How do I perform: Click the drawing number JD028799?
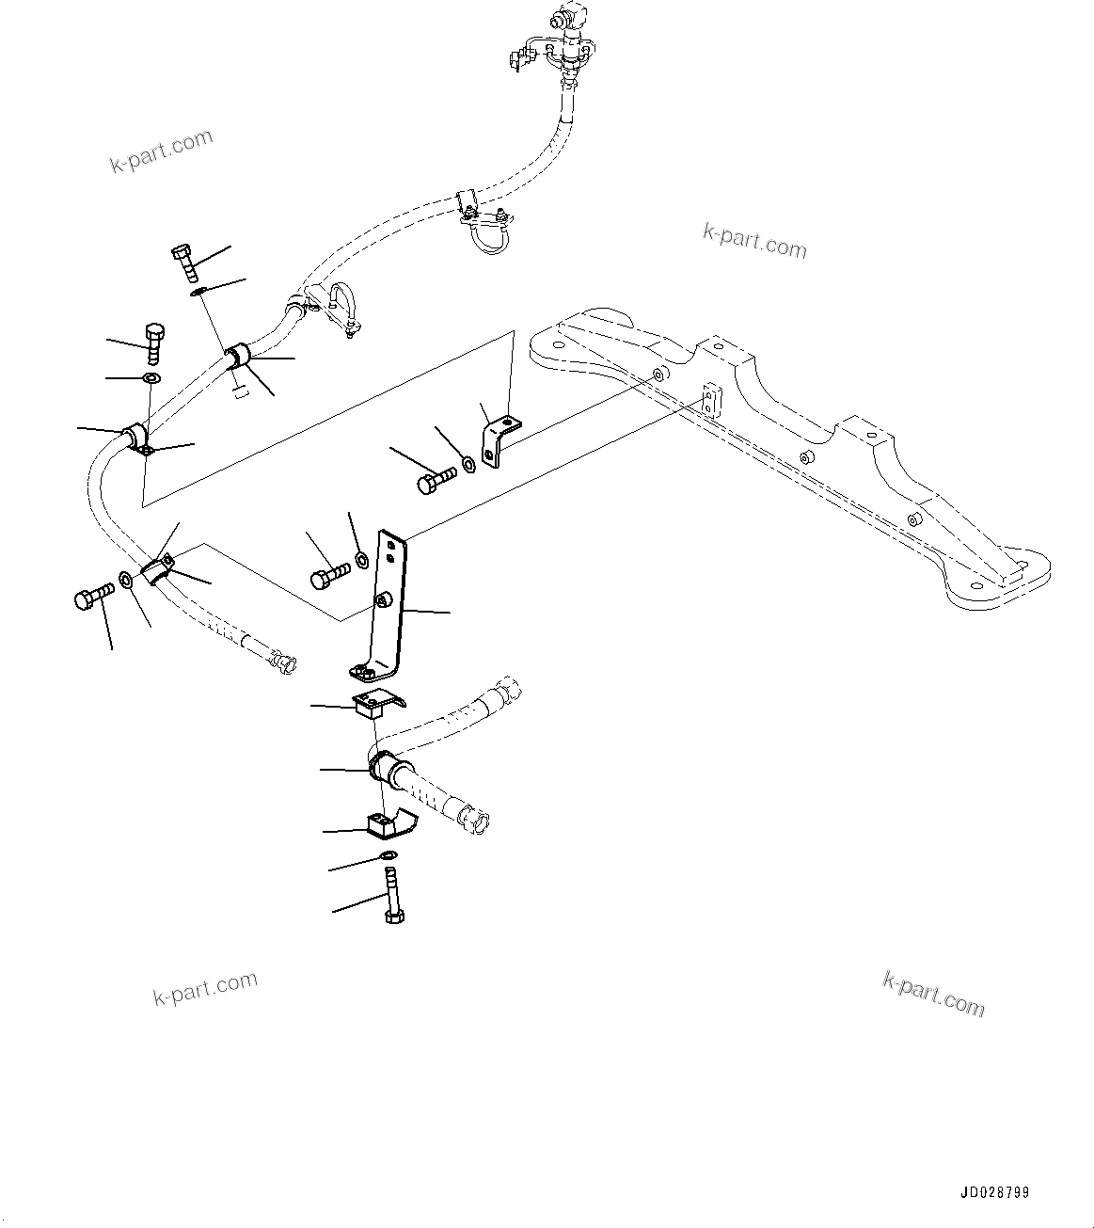(994, 1192)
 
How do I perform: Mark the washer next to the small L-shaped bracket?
(468, 465)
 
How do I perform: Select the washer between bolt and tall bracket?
(361, 562)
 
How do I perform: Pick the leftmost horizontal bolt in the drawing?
(93, 597)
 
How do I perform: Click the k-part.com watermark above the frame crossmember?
(754, 241)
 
